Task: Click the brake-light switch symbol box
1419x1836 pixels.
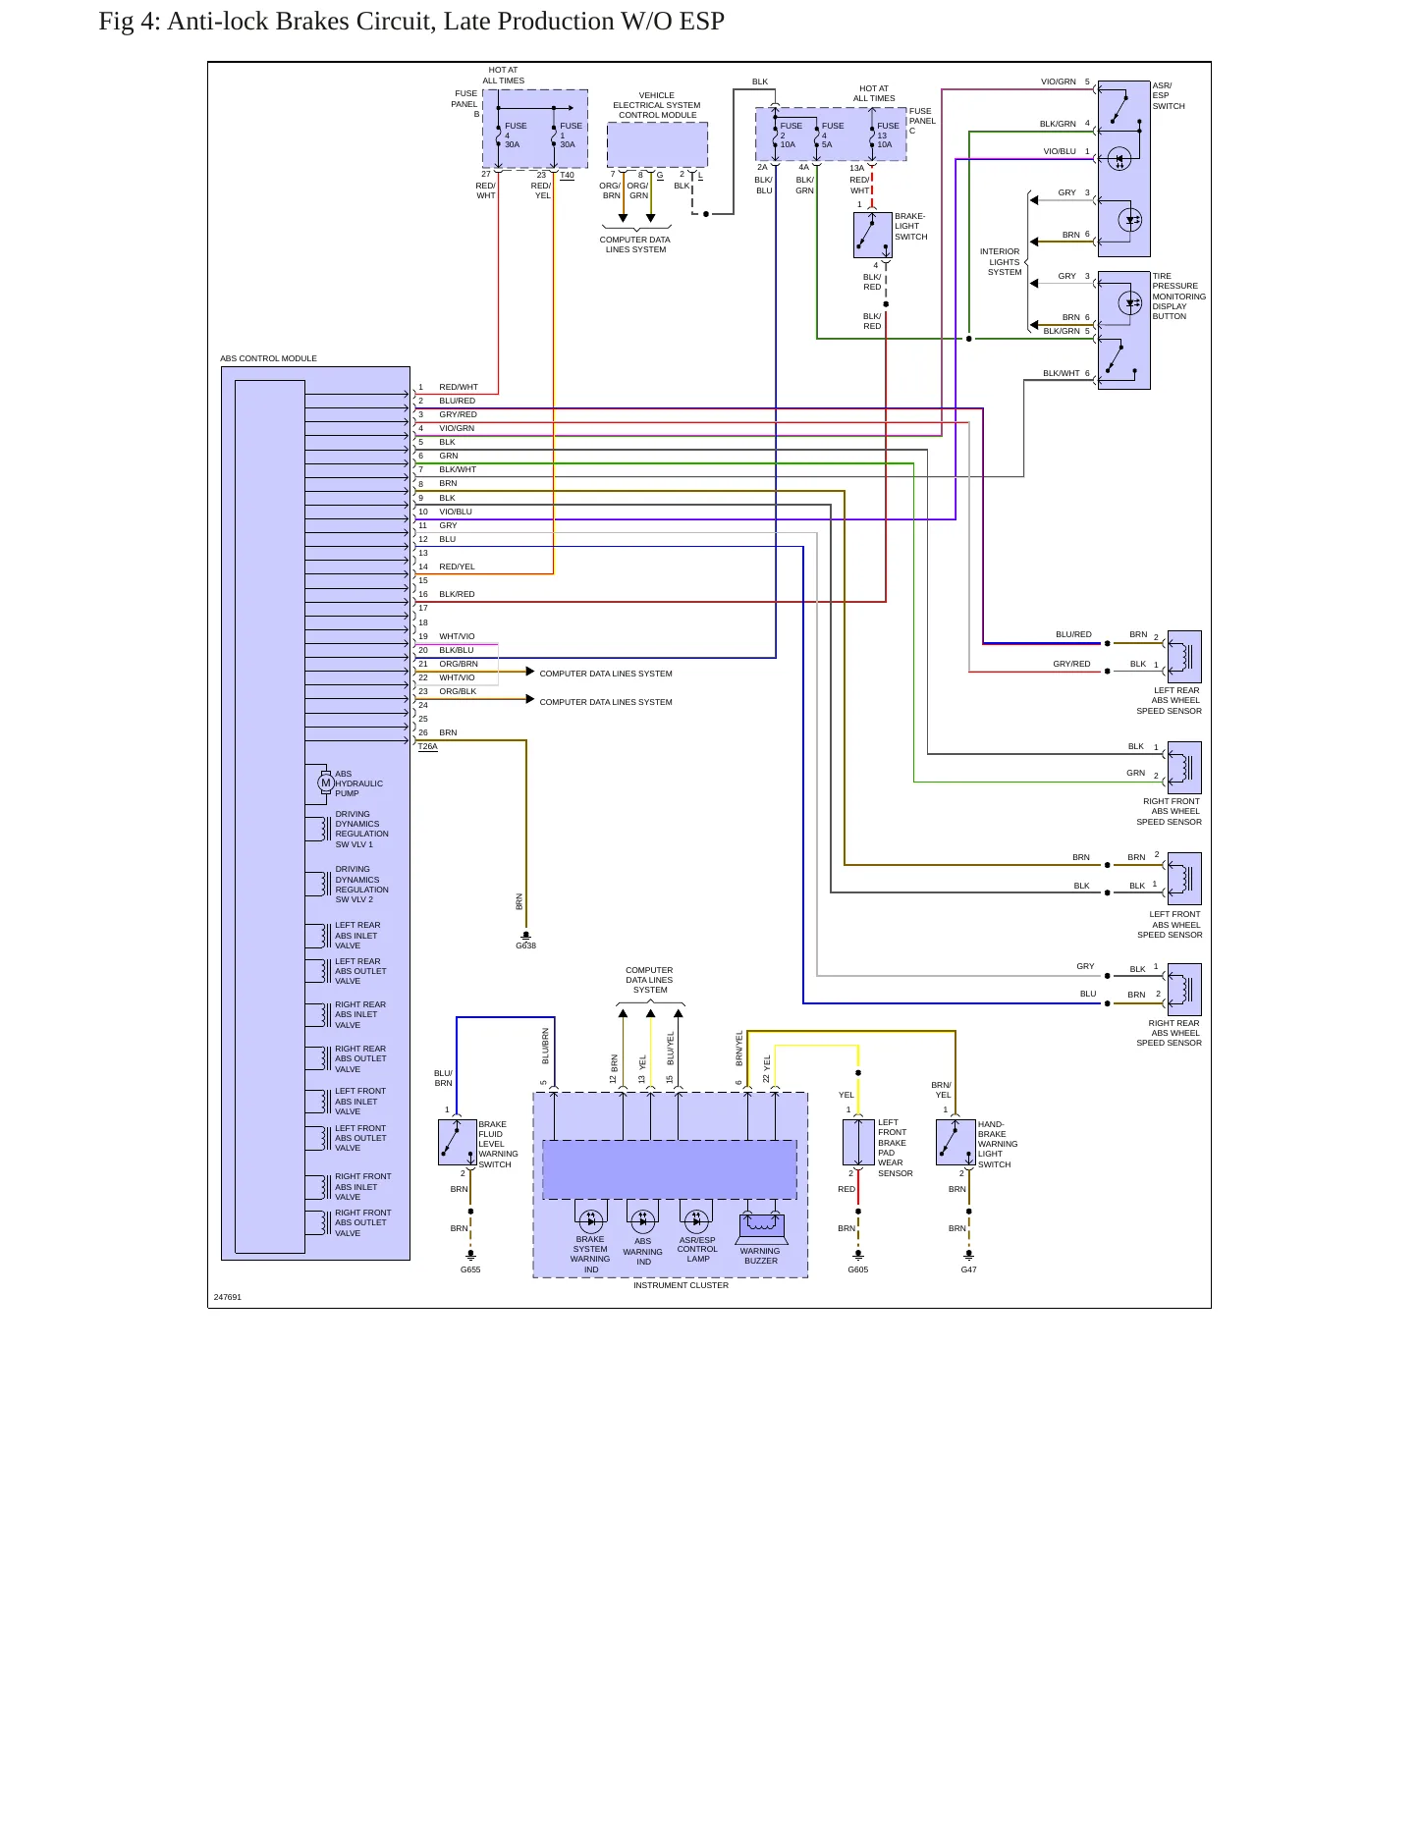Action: (x=872, y=236)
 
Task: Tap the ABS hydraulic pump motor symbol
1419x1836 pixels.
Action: (x=325, y=783)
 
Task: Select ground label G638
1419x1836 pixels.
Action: (x=526, y=945)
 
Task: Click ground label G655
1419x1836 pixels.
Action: (x=470, y=1269)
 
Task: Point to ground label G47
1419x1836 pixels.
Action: (x=968, y=1269)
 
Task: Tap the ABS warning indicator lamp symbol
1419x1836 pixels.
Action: (x=643, y=1221)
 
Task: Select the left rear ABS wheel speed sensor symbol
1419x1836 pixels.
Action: (x=1184, y=657)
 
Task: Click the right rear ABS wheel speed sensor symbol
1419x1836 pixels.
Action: (x=1184, y=990)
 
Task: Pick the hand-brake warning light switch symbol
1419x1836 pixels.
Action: (x=955, y=1142)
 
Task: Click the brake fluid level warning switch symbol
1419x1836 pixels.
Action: (x=458, y=1142)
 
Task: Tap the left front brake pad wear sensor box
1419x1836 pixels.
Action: (x=858, y=1142)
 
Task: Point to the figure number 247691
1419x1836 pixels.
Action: (x=228, y=1297)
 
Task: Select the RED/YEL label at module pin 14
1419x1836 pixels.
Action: (x=457, y=567)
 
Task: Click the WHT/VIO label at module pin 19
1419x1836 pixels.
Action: (x=457, y=636)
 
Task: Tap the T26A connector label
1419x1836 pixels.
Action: (x=428, y=746)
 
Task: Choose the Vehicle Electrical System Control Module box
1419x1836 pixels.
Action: (x=657, y=144)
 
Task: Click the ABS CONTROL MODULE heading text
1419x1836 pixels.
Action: (x=268, y=358)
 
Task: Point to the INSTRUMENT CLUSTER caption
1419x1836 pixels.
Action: (x=681, y=1285)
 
